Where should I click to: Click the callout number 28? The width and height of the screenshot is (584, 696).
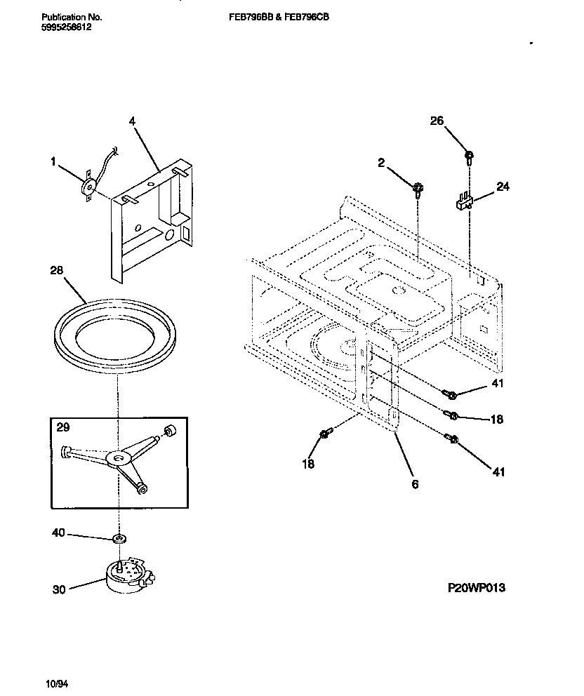58,270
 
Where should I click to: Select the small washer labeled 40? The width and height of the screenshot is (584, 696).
120,539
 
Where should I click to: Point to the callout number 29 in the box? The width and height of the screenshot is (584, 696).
63,427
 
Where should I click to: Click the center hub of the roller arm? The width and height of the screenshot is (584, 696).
117,457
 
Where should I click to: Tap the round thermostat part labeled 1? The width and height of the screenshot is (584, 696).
89,187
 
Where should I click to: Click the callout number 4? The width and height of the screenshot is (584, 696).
132,121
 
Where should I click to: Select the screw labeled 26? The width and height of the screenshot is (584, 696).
468,155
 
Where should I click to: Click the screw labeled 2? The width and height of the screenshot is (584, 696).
418,187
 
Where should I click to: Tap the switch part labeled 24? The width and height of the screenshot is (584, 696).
462,203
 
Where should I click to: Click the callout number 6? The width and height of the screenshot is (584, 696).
415,484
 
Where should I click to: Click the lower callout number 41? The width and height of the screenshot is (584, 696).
498,472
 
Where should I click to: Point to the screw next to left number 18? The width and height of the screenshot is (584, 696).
324,435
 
